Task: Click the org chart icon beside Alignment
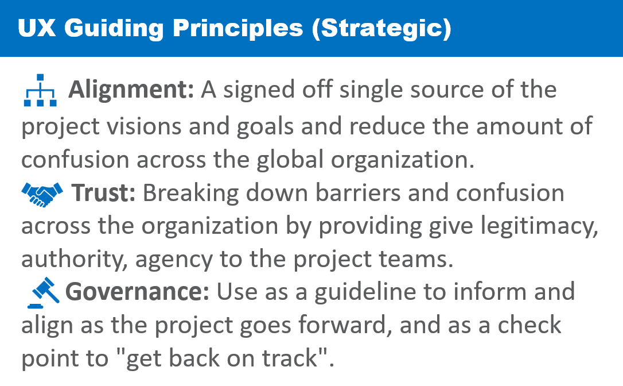pos(40,90)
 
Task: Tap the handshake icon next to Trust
pos(42,195)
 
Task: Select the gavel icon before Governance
pos(43,292)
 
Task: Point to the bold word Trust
pos(103,193)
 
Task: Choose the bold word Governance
pos(137,292)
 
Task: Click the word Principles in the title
pos(237,28)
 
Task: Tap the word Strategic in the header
pos(382,29)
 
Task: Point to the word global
pos(290,159)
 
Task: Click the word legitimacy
pos(539,227)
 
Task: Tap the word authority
pos(75,260)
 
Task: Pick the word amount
pos(519,127)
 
